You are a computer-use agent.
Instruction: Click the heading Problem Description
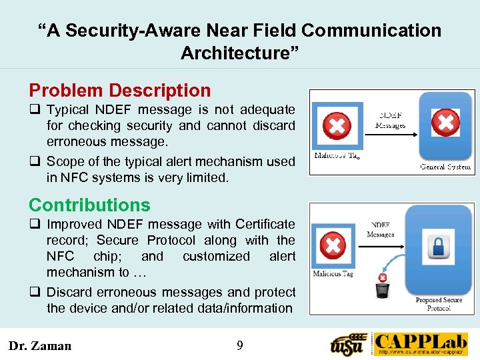119,91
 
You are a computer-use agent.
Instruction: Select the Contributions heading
89,205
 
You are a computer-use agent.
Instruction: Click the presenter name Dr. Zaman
39,345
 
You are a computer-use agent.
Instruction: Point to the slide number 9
240,345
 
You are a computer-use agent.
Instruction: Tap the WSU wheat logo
349,345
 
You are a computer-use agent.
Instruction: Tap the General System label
445,167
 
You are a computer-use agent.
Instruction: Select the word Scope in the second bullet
63,161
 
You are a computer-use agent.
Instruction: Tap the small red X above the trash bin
383,277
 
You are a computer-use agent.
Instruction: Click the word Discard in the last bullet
70,292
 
